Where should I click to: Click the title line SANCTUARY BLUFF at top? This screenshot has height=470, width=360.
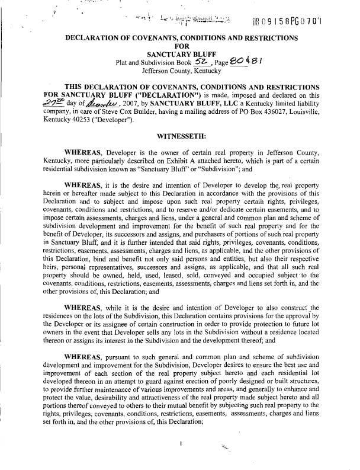(180, 53)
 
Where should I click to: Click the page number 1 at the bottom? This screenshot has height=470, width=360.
(179, 442)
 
